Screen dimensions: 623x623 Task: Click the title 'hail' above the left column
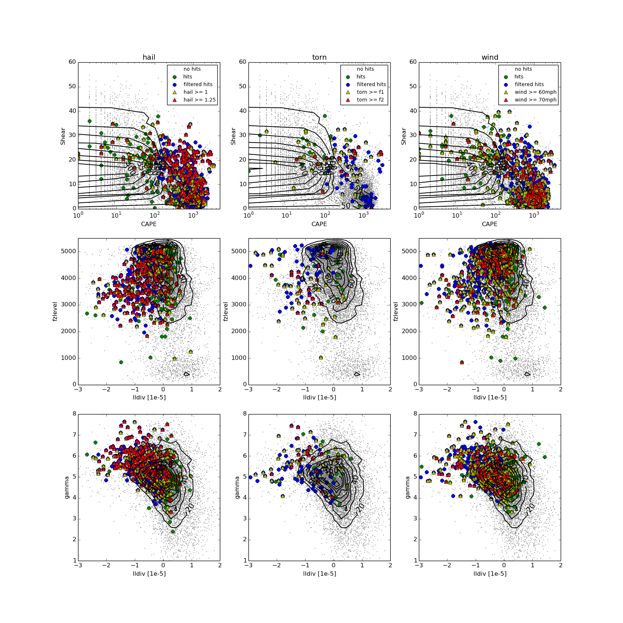[x=149, y=57]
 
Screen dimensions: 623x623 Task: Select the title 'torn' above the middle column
[x=319, y=57]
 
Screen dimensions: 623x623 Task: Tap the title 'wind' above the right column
[x=490, y=57]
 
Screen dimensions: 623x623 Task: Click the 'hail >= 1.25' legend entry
[x=199, y=100]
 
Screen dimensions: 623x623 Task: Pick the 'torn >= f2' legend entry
[x=370, y=100]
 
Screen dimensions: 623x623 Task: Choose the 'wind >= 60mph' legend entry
[x=535, y=92]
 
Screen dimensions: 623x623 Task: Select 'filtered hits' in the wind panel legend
[x=529, y=84]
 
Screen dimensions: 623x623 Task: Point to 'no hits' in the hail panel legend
[x=192, y=69]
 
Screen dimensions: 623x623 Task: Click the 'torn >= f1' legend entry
[x=370, y=92]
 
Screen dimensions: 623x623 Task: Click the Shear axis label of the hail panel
[x=63, y=136]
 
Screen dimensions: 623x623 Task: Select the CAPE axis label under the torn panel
[x=319, y=224]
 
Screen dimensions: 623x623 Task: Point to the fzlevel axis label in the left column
[x=55, y=311]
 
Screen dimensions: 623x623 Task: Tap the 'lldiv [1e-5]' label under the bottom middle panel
[x=319, y=573]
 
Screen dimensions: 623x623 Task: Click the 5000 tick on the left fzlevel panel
[x=69, y=251]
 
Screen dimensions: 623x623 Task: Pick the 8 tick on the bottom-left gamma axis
[x=74, y=414]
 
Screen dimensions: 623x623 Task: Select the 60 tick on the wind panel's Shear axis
[x=413, y=62]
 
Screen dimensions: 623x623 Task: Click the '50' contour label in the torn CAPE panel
[x=346, y=206]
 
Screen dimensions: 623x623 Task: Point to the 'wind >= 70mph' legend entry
[x=535, y=100]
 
